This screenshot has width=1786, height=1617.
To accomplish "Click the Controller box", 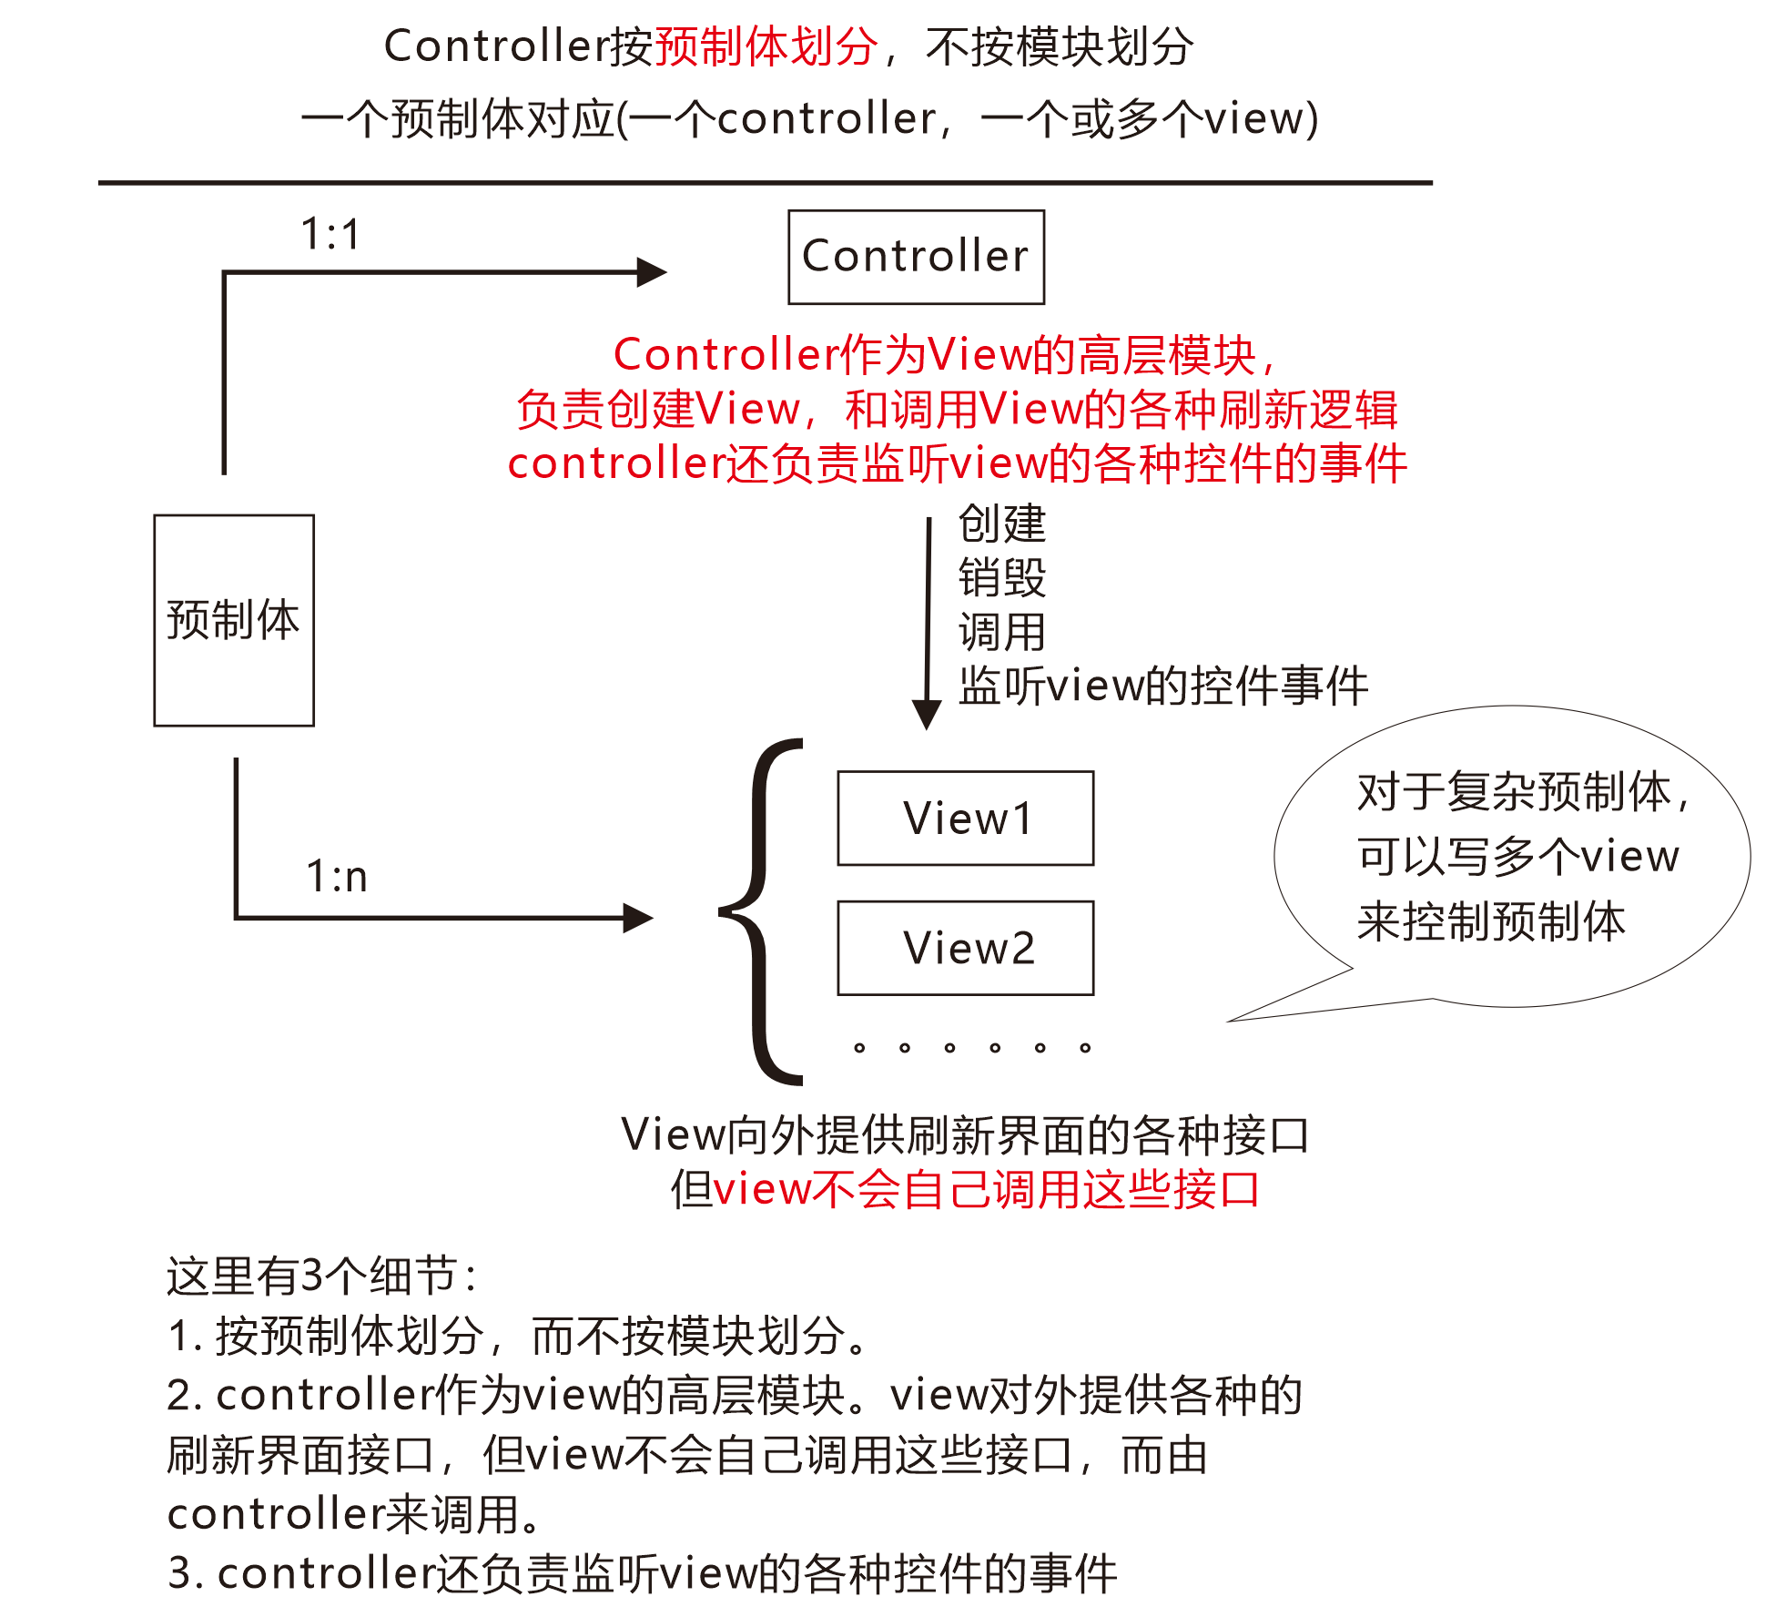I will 916,257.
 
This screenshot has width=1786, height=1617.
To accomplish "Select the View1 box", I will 965,818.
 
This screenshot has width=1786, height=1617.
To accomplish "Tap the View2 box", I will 965,948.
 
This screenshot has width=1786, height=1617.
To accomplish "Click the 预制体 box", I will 234,620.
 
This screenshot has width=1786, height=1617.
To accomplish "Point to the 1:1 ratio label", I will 330,234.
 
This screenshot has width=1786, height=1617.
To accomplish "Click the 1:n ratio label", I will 336,877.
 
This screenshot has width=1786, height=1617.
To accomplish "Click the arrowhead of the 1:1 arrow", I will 652,272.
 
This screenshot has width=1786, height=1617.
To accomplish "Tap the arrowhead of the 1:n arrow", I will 638,918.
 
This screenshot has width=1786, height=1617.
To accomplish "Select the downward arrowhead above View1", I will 927,715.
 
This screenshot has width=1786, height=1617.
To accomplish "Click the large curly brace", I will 760,911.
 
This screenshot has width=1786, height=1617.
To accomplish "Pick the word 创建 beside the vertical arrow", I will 1002,524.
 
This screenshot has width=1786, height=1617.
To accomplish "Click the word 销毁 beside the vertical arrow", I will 1002,577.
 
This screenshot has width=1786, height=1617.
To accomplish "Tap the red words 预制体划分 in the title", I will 766,46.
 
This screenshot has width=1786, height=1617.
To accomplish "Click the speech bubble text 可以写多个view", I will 1517,856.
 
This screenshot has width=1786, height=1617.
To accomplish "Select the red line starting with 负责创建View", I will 956,409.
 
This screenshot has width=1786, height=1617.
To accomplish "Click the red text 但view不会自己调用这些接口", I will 986,1189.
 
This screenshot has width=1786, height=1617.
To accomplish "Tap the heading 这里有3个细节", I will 320,1276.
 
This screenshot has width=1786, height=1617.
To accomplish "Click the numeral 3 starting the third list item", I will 179,1573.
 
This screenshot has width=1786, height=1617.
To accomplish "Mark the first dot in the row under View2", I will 859,1048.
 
